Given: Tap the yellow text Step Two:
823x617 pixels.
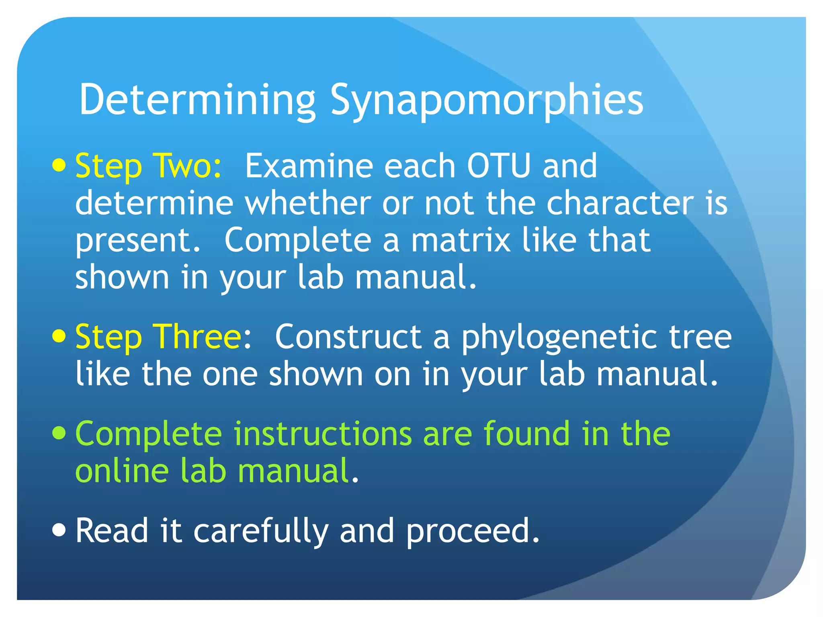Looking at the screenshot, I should pos(148,166).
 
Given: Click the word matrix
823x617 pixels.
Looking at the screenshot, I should pos(461,240).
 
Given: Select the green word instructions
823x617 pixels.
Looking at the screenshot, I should pos(323,433).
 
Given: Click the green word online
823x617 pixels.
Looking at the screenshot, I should pos(122,470).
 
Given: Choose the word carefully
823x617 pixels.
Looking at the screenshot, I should pos(261,531).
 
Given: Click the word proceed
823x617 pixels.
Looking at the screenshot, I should pos(473,531).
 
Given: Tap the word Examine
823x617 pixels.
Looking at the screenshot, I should pos(309,166).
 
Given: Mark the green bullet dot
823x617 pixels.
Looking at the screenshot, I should pos(59,433).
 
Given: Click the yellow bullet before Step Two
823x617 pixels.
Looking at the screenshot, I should pos(59,165).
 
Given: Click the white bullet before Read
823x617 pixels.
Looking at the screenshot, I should pos(59,530).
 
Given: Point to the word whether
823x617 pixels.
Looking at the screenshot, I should pos(308,203).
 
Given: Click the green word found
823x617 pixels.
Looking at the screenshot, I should pos(526,433).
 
